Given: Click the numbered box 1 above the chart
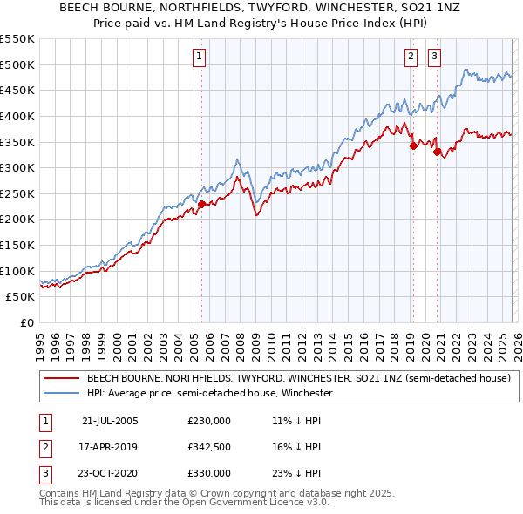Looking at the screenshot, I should point(200,57).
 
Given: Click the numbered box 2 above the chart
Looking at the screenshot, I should point(410,57).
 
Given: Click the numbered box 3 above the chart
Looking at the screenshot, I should point(434,57).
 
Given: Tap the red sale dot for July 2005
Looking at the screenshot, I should point(201,204).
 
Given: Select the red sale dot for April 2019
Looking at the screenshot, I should point(413,145).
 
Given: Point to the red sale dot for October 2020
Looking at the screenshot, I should point(437,152).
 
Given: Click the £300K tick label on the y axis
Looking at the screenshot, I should point(17,167).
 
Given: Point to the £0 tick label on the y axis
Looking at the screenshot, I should point(28,322).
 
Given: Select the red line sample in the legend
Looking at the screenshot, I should point(61,379).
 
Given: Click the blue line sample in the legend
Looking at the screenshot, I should point(61,394).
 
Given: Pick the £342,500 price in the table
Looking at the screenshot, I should point(209,447).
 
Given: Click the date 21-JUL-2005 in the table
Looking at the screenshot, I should point(110,421).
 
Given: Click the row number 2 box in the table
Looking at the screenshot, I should point(43,447).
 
